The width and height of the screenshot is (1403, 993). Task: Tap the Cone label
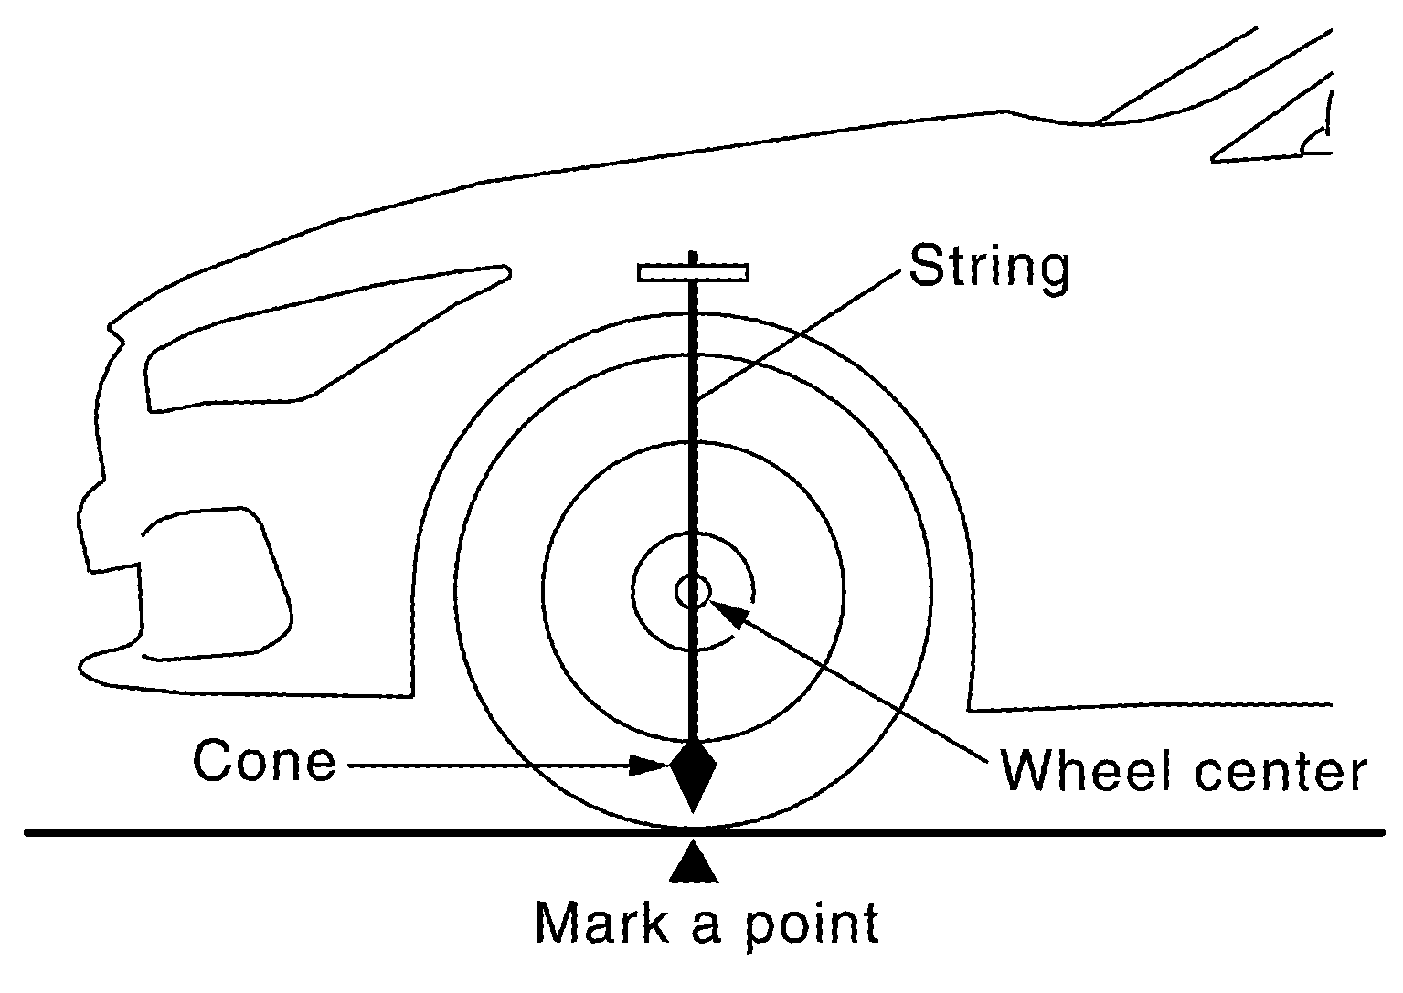264,762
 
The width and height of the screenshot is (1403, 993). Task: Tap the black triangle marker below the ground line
694,864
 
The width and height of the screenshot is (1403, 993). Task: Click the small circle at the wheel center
692,592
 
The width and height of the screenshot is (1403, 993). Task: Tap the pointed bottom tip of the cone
693,808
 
